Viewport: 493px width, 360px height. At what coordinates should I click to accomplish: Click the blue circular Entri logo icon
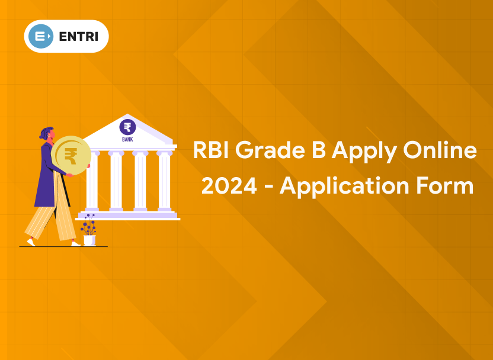pyautogui.click(x=41, y=37)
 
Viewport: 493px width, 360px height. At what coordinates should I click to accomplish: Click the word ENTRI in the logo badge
pyautogui.click(x=79, y=37)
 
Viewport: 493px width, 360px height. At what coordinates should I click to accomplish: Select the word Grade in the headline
pyautogui.click(x=270, y=150)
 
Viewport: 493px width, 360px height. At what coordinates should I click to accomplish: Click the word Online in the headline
pyautogui.click(x=440, y=150)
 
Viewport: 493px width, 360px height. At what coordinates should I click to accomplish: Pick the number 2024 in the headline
pyautogui.click(x=229, y=186)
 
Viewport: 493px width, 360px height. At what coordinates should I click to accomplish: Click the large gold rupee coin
pyautogui.click(x=71, y=156)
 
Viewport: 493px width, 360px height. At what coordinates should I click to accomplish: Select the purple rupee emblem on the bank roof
pyautogui.click(x=127, y=127)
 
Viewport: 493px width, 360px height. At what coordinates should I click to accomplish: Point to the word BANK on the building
pyautogui.click(x=127, y=139)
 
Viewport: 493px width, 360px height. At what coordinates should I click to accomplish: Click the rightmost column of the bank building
pyautogui.click(x=164, y=181)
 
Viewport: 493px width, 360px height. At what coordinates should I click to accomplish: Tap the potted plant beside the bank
pyautogui.click(x=89, y=229)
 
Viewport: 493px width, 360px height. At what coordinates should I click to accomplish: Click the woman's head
pyautogui.click(x=48, y=133)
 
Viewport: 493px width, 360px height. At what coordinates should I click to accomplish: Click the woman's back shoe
pyautogui.click(x=31, y=242)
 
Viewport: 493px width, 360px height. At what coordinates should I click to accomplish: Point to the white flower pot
pyautogui.click(x=89, y=240)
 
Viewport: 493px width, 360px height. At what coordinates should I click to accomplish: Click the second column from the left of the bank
pyautogui.click(x=116, y=181)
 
